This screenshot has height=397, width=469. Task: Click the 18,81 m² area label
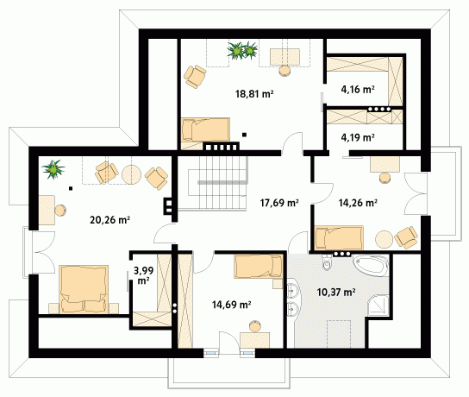click(x=254, y=94)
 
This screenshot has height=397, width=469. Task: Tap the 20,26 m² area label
click(x=109, y=220)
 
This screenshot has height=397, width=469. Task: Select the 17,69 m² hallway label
click(x=279, y=203)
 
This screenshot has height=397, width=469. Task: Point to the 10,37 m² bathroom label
click(x=336, y=292)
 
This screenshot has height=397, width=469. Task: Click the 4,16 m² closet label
click(x=358, y=89)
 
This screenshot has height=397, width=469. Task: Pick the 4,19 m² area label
click(x=358, y=137)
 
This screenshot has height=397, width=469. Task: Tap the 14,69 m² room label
click(x=232, y=305)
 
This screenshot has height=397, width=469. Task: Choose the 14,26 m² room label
click(x=358, y=203)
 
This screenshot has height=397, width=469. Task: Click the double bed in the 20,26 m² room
click(x=84, y=289)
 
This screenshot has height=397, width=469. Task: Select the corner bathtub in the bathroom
click(x=371, y=265)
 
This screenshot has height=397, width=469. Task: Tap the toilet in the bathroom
click(x=327, y=262)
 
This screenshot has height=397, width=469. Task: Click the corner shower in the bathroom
click(x=378, y=306)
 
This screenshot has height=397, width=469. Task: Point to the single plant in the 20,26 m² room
click(x=53, y=169)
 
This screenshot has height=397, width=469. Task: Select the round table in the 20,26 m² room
click(x=131, y=174)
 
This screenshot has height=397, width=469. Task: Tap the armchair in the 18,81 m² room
click(x=195, y=77)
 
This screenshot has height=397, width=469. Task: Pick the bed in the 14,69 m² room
click(x=259, y=266)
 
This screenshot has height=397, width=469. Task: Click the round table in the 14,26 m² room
click(x=385, y=239)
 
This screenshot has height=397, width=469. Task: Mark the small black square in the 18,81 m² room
click(x=244, y=135)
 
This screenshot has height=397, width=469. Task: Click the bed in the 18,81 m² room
click(x=206, y=129)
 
